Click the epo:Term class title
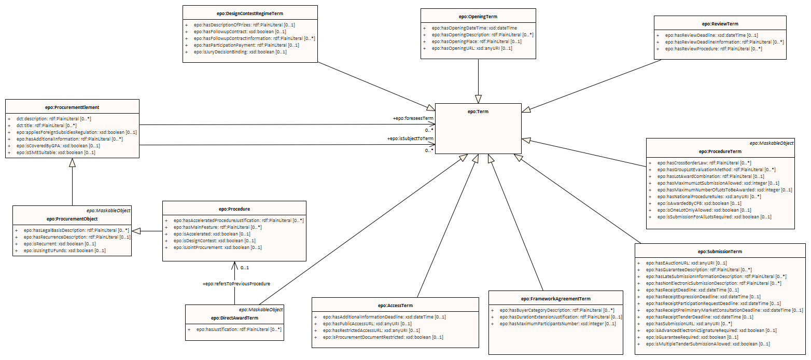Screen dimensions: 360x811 (478, 112)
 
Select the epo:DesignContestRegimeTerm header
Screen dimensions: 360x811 (250, 13)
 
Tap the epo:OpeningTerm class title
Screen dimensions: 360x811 (478, 16)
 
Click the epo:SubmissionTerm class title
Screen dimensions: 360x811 (720, 252)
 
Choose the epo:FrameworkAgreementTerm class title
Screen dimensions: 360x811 (556, 299)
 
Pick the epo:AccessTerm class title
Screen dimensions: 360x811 (395, 306)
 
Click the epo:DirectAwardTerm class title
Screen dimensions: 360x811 (234, 318)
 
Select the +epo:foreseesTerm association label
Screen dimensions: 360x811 (413, 118)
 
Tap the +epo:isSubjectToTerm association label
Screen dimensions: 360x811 (410, 139)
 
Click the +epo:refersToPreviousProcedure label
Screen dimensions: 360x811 (236, 284)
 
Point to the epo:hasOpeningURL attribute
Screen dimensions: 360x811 (468, 48)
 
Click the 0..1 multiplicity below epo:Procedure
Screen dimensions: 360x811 (245, 268)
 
